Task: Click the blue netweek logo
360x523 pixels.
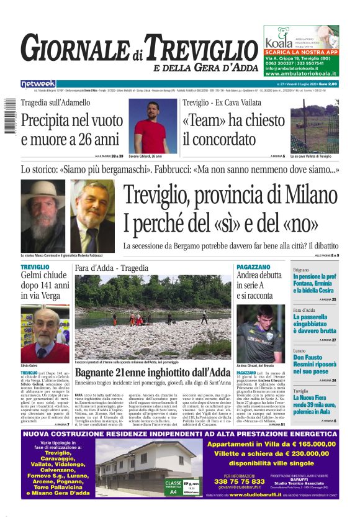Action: click(x=38, y=83)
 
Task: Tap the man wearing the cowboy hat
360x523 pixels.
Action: click(x=43, y=215)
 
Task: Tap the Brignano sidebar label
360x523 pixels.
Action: click(x=301, y=270)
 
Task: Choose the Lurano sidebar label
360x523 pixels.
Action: click(x=300, y=351)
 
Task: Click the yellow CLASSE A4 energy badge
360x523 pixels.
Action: click(x=174, y=486)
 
